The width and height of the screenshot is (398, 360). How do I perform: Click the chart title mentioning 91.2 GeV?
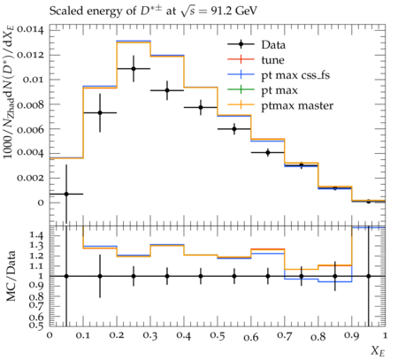(x=153, y=11)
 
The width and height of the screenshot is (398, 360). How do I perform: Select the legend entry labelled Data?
(x=256, y=45)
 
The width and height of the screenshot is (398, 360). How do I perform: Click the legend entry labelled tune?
(x=256, y=60)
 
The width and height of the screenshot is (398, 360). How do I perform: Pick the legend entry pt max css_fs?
(x=279, y=75)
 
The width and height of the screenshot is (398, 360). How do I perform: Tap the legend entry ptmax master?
(x=280, y=105)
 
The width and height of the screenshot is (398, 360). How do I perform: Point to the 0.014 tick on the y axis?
(x=30, y=30)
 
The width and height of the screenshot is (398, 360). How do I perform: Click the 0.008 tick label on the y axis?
(x=30, y=104)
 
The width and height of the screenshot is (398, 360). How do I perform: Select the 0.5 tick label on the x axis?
(x=218, y=336)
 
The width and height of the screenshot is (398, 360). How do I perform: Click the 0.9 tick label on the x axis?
(x=352, y=336)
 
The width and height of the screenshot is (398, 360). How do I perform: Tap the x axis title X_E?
(x=378, y=351)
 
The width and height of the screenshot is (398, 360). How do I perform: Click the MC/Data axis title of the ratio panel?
(x=11, y=276)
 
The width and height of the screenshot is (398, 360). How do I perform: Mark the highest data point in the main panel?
(x=134, y=69)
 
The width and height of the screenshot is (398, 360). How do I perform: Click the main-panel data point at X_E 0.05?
(x=66, y=194)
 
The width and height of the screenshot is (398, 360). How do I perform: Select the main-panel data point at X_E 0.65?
(x=268, y=152)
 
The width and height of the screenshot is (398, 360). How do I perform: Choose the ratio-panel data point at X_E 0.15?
(x=100, y=276)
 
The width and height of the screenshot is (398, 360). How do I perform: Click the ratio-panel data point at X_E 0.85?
(x=335, y=276)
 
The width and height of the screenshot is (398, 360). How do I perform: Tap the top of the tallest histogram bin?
(x=134, y=42)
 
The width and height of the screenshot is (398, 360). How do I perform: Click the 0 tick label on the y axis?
(x=41, y=203)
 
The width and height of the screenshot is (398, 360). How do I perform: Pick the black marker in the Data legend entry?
(x=241, y=44)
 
